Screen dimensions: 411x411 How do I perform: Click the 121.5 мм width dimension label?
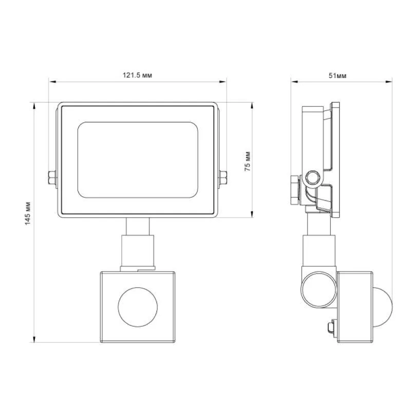(x=137, y=76)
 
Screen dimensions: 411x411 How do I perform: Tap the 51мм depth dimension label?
(x=338, y=76)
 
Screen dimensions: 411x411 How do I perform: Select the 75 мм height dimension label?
(x=248, y=161)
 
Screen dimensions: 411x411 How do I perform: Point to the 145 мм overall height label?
(x=28, y=213)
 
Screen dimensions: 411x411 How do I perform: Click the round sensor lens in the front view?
(x=138, y=307)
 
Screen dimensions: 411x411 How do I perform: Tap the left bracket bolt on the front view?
(x=52, y=178)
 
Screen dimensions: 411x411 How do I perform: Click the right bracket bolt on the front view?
(x=223, y=178)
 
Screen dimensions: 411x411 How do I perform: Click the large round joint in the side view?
(x=319, y=289)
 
